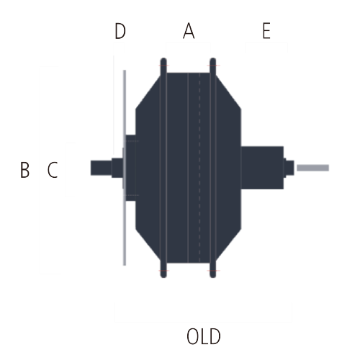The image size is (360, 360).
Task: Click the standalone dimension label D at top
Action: [x=120, y=31]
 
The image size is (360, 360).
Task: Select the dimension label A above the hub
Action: [x=189, y=31]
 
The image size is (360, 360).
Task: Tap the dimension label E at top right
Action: [x=266, y=31]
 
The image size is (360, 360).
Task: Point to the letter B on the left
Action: [x=24, y=170]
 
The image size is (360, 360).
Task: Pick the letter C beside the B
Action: [x=53, y=170]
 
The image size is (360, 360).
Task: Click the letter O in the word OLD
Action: [x=193, y=336]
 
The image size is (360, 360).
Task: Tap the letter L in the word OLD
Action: [x=204, y=336]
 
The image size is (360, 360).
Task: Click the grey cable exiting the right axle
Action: [x=312, y=168]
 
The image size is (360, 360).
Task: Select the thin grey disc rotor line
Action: [x=125, y=168]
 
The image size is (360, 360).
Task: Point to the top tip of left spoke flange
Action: [x=163, y=58]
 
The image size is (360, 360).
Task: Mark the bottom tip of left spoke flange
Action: [x=163, y=277]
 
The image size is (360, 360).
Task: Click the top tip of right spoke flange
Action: [x=213, y=58]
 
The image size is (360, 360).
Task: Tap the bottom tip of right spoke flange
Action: [x=213, y=277]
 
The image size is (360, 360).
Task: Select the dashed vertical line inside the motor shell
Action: [x=199, y=168]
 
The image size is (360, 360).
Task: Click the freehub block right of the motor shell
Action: [x=262, y=168]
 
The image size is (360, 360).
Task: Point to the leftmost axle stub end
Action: [x=91, y=168]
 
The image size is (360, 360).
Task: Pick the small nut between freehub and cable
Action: [x=289, y=168]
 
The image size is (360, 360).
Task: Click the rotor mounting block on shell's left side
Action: [x=131, y=168]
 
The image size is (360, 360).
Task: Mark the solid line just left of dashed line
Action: [x=188, y=168]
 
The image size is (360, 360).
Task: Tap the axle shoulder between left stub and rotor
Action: [x=117, y=168]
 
